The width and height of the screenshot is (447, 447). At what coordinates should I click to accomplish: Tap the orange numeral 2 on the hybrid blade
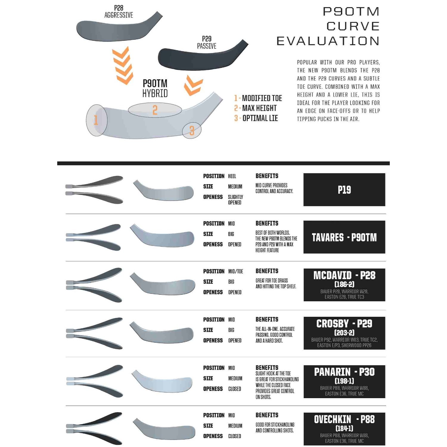click(155, 110)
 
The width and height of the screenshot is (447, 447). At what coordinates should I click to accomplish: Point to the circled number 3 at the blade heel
click(192, 131)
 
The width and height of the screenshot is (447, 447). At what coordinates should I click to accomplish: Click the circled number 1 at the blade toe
click(96, 120)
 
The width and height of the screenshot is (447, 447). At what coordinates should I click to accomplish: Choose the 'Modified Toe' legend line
click(258, 98)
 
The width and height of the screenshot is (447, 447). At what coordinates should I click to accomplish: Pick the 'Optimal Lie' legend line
click(256, 118)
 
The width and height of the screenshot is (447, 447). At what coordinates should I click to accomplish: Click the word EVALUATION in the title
click(328, 41)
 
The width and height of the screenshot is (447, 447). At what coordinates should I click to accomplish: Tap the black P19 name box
click(344, 190)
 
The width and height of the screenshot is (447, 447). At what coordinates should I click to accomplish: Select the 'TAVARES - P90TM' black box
click(344, 237)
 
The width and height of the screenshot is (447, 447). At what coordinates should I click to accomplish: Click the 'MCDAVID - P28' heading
click(344, 275)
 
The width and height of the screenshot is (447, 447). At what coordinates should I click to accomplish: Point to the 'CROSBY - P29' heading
click(344, 324)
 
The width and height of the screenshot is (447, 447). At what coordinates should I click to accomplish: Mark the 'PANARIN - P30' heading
click(344, 372)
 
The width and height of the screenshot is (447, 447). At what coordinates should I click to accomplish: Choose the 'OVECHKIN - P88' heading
click(344, 419)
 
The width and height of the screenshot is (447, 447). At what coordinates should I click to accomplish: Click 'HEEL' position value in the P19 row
click(232, 176)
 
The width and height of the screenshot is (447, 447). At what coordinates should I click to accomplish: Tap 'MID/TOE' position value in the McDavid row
click(235, 271)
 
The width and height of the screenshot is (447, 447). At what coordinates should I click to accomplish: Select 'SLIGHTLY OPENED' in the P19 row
click(235, 200)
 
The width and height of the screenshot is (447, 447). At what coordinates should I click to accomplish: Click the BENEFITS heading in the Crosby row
click(267, 319)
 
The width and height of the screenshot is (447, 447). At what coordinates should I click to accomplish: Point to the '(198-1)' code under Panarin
click(344, 381)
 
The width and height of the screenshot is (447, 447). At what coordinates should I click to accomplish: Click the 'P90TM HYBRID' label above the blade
click(155, 88)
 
